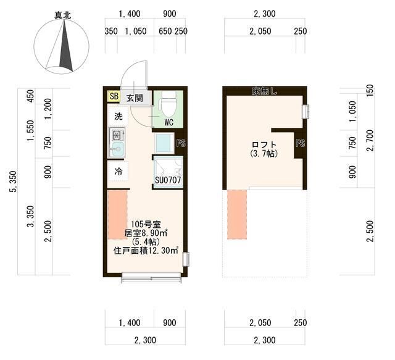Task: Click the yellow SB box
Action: pos(114,96)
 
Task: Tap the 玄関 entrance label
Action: pos(135,98)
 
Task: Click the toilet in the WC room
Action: pos(168,104)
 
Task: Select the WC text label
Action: pos(168,122)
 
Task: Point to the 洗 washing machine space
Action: pos(118,116)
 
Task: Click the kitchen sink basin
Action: pos(117,149)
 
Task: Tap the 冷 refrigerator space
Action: pos(118,172)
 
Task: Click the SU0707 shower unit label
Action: pos(168,180)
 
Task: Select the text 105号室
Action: pos(146,224)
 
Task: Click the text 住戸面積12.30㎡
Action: pos(146,251)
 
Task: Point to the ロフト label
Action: pos(264,144)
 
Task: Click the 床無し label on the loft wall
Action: pos(264,91)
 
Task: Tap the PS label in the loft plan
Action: pos(301,143)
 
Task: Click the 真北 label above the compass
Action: pos(63,15)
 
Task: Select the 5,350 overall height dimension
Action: pos(13,182)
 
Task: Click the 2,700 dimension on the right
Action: pos(370,140)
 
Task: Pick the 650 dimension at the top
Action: pos(165,31)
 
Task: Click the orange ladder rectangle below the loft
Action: pos(237,214)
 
